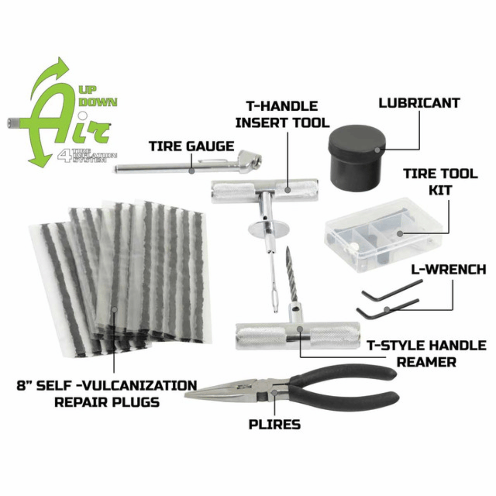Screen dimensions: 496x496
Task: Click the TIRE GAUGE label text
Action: pyautogui.click(x=191, y=147)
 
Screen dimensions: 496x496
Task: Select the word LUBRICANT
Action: pyautogui.click(x=419, y=103)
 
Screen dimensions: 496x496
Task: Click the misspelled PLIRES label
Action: pyautogui.click(x=275, y=424)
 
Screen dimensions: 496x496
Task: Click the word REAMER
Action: pyautogui.click(x=427, y=362)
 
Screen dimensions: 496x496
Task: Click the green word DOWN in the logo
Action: pyautogui.click(x=100, y=102)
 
